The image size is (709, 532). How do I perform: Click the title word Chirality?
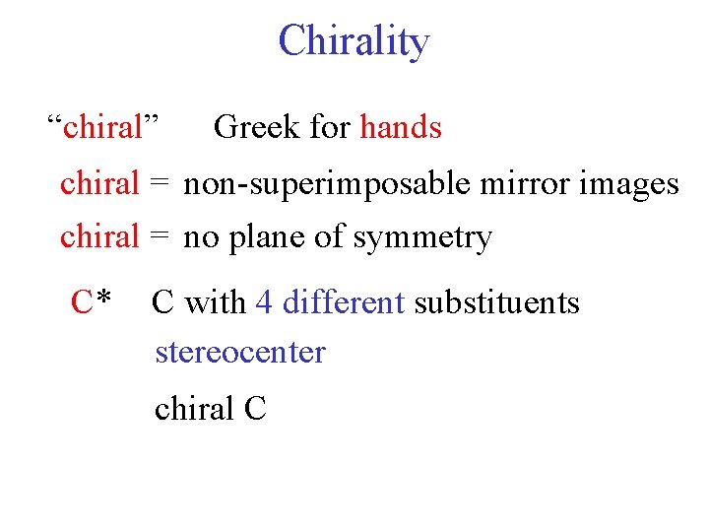354,42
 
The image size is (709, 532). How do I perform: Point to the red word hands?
401,127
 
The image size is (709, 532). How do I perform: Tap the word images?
630,184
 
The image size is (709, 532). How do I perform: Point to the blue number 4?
264,301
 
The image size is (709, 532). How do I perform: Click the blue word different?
344,301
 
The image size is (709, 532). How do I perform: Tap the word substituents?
496,301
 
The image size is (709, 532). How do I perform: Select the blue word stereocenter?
239,352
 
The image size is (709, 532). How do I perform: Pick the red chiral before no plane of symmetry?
100,237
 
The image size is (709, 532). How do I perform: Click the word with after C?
215,301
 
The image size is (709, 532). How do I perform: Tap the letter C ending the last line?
254,407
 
